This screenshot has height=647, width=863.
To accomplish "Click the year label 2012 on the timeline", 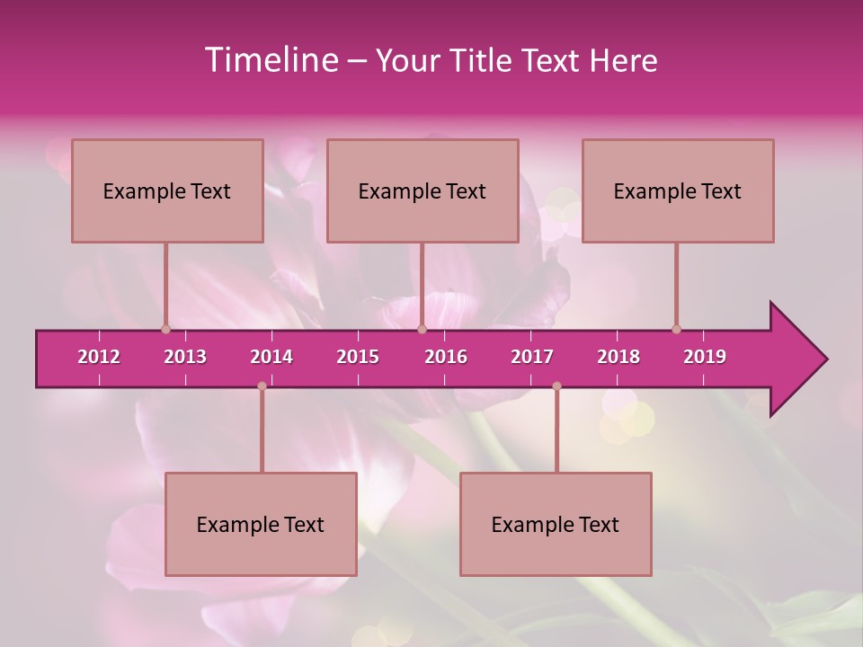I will (x=99, y=357).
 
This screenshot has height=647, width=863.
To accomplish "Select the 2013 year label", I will (x=185, y=357).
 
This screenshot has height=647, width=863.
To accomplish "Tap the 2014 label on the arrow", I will (x=271, y=357).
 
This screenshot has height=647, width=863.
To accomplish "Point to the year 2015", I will (x=358, y=357).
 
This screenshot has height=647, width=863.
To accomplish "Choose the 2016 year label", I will (x=446, y=357).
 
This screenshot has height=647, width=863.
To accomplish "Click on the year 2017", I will (x=532, y=357).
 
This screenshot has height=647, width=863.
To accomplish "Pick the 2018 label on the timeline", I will (x=618, y=357).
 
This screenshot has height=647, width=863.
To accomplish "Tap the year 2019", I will (x=705, y=357).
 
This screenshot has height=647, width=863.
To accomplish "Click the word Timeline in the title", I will (x=270, y=60).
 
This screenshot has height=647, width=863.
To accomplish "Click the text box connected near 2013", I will (x=167, y=191).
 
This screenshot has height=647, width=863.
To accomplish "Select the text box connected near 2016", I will (x=423, y=191).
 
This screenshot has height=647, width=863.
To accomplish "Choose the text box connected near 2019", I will (x=678, y=191).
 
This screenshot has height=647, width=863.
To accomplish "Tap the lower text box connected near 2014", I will (x=261, y=524).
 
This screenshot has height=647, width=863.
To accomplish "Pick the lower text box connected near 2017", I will (x=556, y=524).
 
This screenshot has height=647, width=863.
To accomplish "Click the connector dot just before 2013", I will (x=165, y=329).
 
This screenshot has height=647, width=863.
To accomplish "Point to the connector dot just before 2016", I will (x=422, y=329).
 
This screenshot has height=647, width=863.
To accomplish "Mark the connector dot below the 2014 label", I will (x=262, y=386).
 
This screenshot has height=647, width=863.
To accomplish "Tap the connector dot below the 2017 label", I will (x=556, y=386).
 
